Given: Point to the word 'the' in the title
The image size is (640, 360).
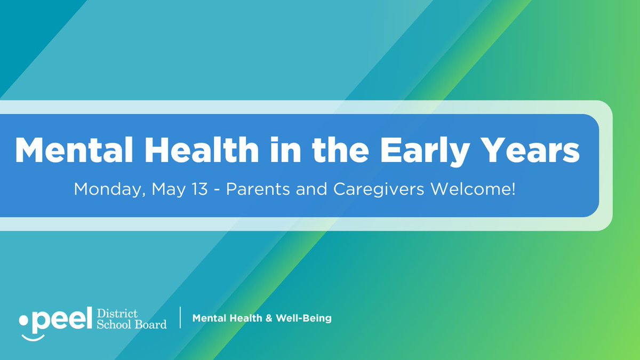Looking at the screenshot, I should tap(343, 150).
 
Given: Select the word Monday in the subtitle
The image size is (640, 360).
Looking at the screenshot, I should tap(106, 189).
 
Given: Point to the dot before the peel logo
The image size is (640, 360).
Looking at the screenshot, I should tap(23, 321).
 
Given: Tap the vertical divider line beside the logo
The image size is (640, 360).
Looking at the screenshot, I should tap(180, 318).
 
